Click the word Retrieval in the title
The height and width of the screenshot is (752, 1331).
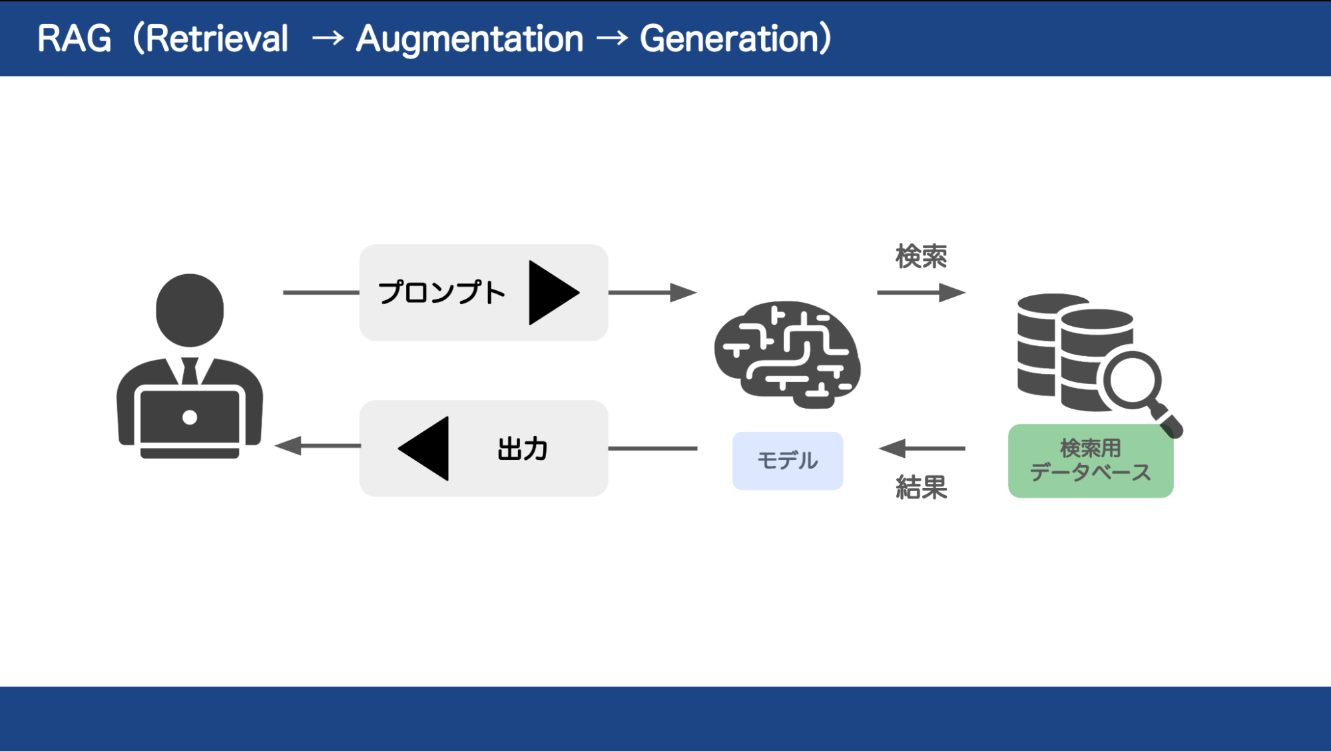tap(216, 39)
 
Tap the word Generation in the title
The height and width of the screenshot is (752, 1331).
tap(730, 39)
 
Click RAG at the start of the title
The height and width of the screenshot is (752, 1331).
tap(74, 39)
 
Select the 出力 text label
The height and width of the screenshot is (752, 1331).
tap(523, 449)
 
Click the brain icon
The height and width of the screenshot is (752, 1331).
tap(787, 355)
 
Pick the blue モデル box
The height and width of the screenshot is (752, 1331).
tap(788, 461)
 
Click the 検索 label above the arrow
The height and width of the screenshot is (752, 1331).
tap(921, 256)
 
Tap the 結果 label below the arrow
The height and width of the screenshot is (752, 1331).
tap(921, 488)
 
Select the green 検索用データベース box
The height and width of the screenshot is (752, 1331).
tap(1091, 461)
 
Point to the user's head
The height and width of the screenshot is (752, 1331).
tap(190, 310)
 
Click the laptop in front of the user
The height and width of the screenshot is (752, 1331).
tap(190, 421)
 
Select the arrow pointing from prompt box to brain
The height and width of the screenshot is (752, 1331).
tap(653, 293)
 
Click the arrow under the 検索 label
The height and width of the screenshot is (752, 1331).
tap(922, 293)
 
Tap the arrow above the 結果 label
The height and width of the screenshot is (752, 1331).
tap(922, 449)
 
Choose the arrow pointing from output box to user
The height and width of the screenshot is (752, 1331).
tap(318, 446)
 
